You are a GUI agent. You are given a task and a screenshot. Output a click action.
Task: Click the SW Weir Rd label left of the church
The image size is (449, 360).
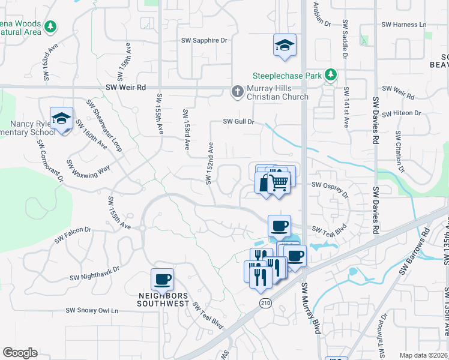pyautogui.click(x=125, y=87)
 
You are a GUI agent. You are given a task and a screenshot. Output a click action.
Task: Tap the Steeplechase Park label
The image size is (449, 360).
pyautogui.click(x=286, y=76)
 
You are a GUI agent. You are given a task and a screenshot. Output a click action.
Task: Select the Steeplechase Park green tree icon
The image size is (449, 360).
pyautogui.click(x=330, y=75)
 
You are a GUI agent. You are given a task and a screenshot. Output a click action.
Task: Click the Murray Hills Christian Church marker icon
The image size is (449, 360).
pyautogui.click(x=237, y=92)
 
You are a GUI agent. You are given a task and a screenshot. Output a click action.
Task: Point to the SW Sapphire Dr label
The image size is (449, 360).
pyautogui.click(x=205, y=41)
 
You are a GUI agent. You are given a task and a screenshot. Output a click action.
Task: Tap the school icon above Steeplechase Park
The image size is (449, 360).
pyautogui.click(x=285, y=45)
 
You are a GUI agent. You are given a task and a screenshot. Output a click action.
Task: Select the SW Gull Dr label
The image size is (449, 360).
pyautogui.click(x=239, y=121)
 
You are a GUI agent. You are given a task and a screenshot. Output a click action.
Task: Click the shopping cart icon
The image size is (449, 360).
pyautogui.click(x=280, y=181)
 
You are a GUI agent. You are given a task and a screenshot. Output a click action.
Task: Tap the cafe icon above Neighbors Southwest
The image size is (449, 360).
pyautogui.click(x=162, y=278)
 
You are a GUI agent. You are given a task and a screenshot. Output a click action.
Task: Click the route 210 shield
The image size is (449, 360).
pyautogui.click(x=265, y=304)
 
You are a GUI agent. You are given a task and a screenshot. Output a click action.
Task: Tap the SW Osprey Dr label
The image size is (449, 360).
pyautogui.click(x=330, y=190)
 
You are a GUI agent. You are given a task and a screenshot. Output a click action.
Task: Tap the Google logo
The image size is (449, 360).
pyautogui.click(x=20, y=353)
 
